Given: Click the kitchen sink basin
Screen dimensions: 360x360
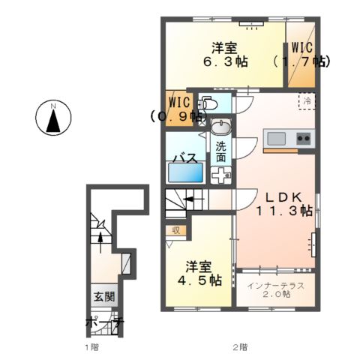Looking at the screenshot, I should pos(276,138).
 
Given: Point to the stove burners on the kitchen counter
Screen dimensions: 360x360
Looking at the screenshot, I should pos(303,138).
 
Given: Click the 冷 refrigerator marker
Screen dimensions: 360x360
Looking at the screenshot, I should pos(306,98).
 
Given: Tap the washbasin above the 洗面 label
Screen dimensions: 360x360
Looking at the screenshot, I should pos(220,125).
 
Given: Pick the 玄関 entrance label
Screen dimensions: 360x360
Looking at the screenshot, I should pos(104,296).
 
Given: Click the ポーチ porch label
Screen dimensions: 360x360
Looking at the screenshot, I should pos(104,323).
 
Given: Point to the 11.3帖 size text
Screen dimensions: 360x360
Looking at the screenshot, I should pos(285,211).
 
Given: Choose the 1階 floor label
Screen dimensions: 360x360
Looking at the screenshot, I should pos(91,347).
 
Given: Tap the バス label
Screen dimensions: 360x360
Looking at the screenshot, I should pos(185,157).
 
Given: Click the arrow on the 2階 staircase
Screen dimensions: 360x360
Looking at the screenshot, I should pos(188,199).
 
